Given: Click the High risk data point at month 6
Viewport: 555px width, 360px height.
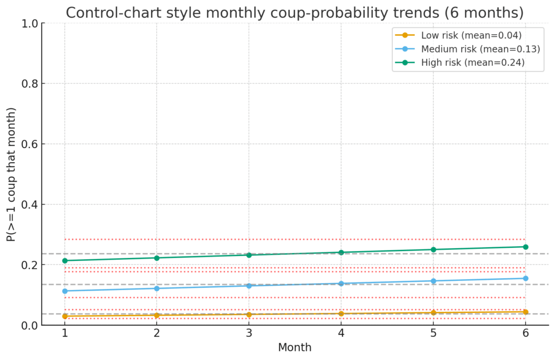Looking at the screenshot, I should pyautogui.click(x=525, y=247).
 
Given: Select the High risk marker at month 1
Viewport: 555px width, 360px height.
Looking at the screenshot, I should pyautogui.click(x=65, y=261).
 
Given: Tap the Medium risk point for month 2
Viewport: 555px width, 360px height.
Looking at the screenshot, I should pyautogui.click(x=157, y=288).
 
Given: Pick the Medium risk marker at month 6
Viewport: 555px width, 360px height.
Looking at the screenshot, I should pyautogui.click(x=525, y=278).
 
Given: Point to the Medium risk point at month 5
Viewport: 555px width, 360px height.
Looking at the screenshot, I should pyautogui.click(x=433, y=281).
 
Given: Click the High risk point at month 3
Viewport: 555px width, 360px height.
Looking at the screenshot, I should pyautogui.click(x=249, y=255).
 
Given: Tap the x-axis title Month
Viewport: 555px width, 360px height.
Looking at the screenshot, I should pyautogui.click(x=295, y=348).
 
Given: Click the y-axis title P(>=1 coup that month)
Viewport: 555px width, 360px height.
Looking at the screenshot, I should pyautogui.click(x=11, y=175).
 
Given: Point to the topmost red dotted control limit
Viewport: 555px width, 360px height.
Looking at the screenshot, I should pyautogui.click(x=295, y=239).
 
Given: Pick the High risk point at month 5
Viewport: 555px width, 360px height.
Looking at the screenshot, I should pyautogui.click(x=433, y=249).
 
